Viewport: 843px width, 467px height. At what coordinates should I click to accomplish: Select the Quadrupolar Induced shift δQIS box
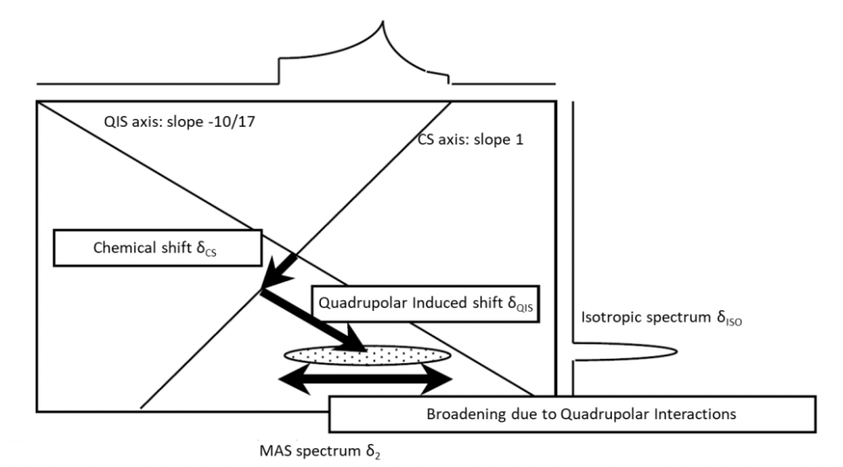421,303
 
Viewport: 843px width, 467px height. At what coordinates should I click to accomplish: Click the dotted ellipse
367,355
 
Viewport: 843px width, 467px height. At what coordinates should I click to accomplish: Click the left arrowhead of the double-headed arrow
294,379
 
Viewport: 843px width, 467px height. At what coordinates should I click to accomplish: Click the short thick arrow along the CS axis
280,271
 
